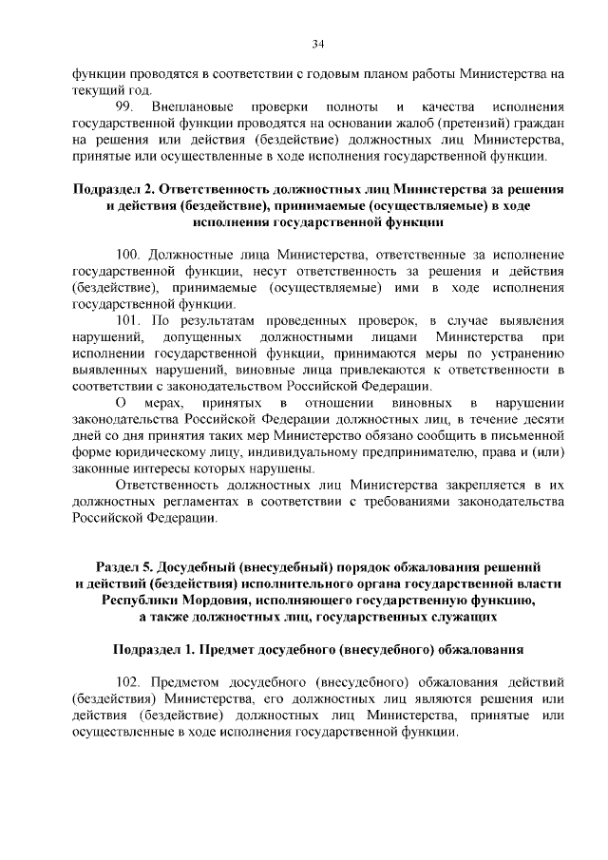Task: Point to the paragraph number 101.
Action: click(x=127, y=320)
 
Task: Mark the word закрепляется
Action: click(x=482, y=486)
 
